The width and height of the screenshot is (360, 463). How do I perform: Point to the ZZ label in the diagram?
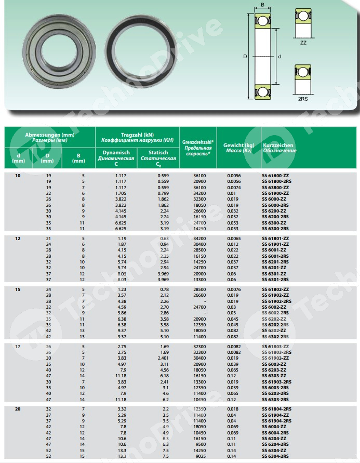click(x=303, y=43)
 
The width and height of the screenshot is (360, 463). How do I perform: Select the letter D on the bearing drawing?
click(x=245, y=56)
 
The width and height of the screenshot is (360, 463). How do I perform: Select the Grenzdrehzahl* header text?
click(x=198, y=141)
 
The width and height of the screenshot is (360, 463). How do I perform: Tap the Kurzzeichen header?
click(x=279, y=145)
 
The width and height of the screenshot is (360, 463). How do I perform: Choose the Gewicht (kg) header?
click(x=239, y=145)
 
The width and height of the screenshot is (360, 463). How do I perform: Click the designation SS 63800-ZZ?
click(x=276, y=187)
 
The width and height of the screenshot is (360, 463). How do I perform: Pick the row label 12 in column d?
click(x=18, y=238)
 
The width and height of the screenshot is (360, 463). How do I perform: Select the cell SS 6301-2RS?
click(x=276, y=279)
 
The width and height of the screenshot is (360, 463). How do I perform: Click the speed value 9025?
click(x=198, y=455)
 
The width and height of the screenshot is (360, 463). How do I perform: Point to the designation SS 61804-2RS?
click(x=277, y=409)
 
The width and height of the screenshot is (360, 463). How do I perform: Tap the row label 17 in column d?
click(x=18, y=346)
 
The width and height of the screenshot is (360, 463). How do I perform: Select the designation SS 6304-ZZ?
click(x=275, y=449)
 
